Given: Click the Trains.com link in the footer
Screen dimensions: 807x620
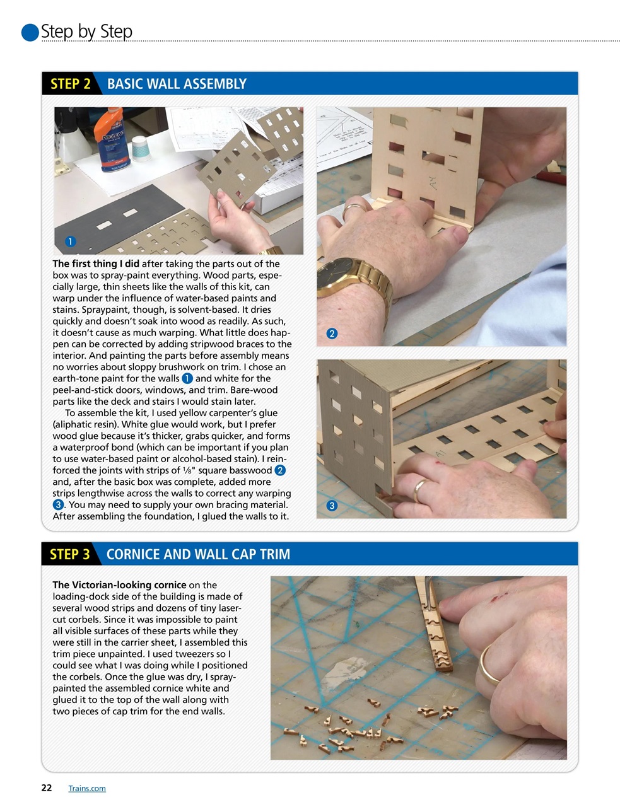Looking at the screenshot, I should pyautogui.click(x=86, y=788).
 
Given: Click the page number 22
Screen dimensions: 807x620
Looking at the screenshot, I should pyautogui.click(x=46, y=787).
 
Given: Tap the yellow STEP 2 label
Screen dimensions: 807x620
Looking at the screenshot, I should pyautogui.click(x=70, y=84).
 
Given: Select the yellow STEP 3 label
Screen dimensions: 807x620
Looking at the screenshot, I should pyautogui.click(x=69, y=554).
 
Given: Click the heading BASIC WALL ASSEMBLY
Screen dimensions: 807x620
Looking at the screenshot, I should pyautogui.click(x=177, y=84).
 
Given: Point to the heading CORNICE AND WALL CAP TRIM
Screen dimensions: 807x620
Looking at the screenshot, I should pyautogui.click(x=198, y=554).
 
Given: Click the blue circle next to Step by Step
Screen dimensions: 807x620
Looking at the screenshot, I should pyautogui.click(x=30, y=32).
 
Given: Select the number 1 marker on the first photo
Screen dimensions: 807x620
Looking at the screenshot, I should pyautogui.click(x=70, y=241).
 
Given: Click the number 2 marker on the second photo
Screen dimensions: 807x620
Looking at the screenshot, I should pyautogui.click(x=332, y=334).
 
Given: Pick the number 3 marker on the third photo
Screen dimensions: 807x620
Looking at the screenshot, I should pyautogui.click(x=332, y=506).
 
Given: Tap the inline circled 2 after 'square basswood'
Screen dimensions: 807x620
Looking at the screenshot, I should pyautogui.click(x=280, y=470).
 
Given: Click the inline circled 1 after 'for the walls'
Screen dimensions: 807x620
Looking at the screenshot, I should pyautogui.click(x=187, y=378).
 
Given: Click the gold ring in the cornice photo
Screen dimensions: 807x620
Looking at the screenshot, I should pyautogui.click(x=489, y=665).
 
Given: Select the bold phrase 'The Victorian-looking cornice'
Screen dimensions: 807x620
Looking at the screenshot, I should pyautogui.click(x=119, y=584).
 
